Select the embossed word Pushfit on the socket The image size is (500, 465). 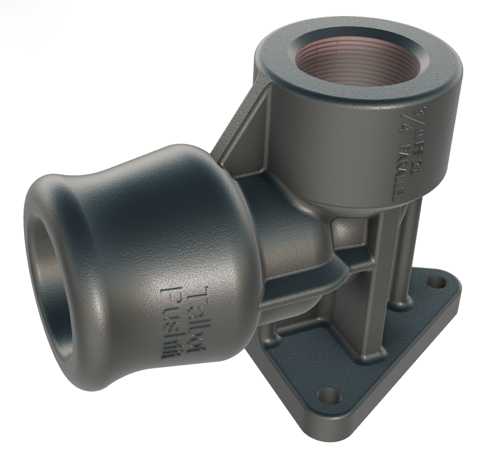[172, 324]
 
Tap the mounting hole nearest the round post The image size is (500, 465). [436, 283]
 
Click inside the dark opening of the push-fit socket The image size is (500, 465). [47, 289]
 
